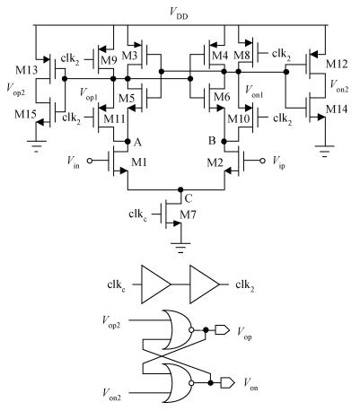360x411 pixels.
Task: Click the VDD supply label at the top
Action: click(179, 13)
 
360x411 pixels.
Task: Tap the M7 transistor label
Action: click(188, 214)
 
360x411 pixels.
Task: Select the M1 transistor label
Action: click(139, 162)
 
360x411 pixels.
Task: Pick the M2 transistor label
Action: click(215, 162)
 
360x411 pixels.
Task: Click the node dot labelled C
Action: click(180, 189)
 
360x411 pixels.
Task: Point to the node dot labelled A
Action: click(127, 141)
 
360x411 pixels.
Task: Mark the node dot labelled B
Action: click(224, 141)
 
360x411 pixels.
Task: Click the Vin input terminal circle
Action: click(90, 161)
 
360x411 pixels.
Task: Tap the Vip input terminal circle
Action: click(262, 161)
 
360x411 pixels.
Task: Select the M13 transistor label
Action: click(27, 70)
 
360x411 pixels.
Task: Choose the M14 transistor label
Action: click(337, 109)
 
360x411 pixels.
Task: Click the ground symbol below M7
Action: click(180, 248)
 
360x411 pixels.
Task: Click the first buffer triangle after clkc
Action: click(155, 284)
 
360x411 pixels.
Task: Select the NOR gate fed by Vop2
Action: click(179, 330)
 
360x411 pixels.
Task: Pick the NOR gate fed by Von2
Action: click(179, 383)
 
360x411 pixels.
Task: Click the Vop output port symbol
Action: click(223, 330)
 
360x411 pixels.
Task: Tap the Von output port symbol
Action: click(227, 383)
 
